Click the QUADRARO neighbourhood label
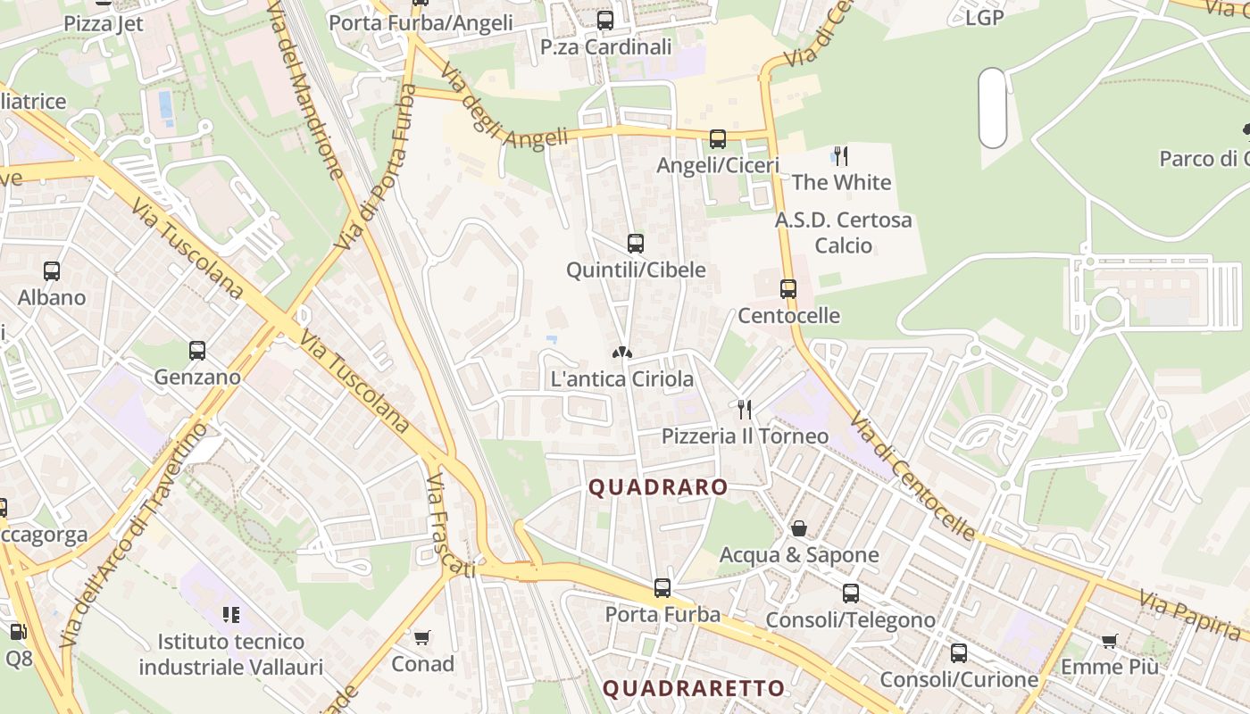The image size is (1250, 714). tap(658, 487)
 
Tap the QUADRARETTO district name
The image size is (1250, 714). tap(693, 688)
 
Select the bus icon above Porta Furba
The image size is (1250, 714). tap(662, 588)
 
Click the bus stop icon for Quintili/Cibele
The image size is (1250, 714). tap(636, 244)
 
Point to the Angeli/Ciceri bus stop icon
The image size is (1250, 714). tap(718, 139)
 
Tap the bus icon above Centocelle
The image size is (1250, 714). tap(787, 289)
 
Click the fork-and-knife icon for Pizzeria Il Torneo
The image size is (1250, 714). tap(745, 410)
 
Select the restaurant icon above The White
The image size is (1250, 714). tap(840, 156)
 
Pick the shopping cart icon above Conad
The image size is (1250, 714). tap(422, 638)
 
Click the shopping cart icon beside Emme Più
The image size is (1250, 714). tap(1110, 640)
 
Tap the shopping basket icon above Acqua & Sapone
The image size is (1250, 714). tap(799, 528)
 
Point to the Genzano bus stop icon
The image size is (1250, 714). tap(197, 351)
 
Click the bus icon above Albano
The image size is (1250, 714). tap(52, 271)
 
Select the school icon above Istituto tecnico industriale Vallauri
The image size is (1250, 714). tap(232, 614)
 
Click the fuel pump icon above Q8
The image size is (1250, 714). tap(17, 632)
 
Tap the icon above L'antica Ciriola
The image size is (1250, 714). tap(622, 353)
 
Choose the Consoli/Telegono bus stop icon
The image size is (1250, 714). tap(851, 594)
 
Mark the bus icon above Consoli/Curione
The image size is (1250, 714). tap(958, 653)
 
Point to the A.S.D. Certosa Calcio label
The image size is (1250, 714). tap(843, 232)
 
